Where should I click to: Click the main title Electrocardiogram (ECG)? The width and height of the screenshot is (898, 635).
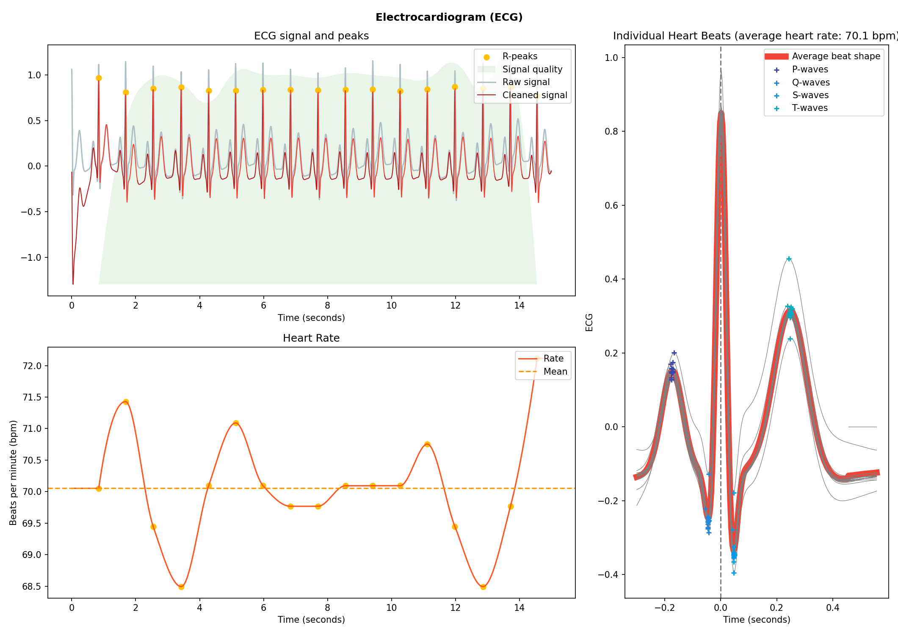(x=449, y=17)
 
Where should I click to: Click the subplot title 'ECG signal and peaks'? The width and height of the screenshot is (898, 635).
(x=311, y=36)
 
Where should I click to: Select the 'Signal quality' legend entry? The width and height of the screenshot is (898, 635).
(x=532, y=69)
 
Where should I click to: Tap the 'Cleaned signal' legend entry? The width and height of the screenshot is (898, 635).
(x=534, y=95)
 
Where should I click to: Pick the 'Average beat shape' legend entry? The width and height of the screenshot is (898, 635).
(x=835, y=56)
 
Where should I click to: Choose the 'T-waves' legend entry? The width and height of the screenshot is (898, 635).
(x=810, y=108)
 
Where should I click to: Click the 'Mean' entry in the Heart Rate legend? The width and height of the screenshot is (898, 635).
(x=555, y=372)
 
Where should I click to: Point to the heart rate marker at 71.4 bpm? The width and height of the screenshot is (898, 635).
(x=126, y=402)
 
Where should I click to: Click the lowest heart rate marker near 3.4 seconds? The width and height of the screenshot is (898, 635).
(x=181, y=587)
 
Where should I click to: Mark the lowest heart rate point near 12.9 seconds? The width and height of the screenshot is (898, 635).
(x=483, y=587)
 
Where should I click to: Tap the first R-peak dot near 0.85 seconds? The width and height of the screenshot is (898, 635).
(x=99, y=78)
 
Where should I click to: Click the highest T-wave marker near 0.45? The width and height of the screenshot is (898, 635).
(x=788, y=259)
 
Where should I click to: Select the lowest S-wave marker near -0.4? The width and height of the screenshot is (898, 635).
(x=734, y=573)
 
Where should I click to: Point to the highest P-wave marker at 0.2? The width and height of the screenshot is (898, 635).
(x=674, y=353)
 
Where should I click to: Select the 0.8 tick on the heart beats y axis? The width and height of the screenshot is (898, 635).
(x=611, y=131)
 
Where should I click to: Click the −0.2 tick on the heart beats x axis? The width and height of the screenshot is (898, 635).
(x=664, y=608)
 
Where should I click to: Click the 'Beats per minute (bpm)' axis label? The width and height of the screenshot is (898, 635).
(x=13, y=472)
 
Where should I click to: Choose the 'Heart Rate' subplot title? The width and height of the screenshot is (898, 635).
(x=311, y=338)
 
